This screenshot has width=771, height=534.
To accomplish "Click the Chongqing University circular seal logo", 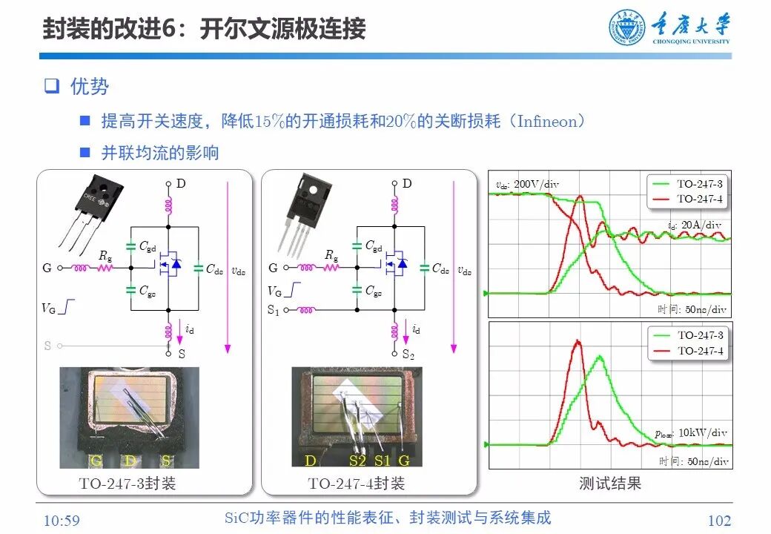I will click(x=627, y=28).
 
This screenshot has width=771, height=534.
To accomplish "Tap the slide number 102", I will click(x=719, y=521).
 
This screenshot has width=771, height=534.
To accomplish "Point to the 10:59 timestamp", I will click(x=62, y=521).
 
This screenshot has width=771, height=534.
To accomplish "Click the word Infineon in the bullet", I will click(x=545, y=122).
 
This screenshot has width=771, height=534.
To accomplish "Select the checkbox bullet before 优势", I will click(x=50, y=87).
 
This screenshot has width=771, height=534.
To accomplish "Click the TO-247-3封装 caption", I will click(x=128, y=484).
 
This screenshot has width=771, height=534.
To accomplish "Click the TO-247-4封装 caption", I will click(x=357, y=484).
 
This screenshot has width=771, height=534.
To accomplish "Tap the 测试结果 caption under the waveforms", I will click(x=609, y=484).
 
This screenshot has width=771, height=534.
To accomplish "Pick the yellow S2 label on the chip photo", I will click(x=358, y=461).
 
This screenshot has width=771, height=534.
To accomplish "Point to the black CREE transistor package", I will click(x=103, y=196).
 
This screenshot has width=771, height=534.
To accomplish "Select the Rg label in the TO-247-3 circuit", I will click(x=105, y=255).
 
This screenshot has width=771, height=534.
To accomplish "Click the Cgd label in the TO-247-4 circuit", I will click(x=374, y=245).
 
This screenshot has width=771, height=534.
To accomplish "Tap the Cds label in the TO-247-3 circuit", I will click(x=214, y=268).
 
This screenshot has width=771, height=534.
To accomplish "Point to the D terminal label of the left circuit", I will click(x=181, y=183).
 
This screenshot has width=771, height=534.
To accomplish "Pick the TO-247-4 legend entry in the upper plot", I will click(x=699, y=199).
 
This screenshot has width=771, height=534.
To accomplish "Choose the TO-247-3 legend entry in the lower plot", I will click(x=699, y=335).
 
